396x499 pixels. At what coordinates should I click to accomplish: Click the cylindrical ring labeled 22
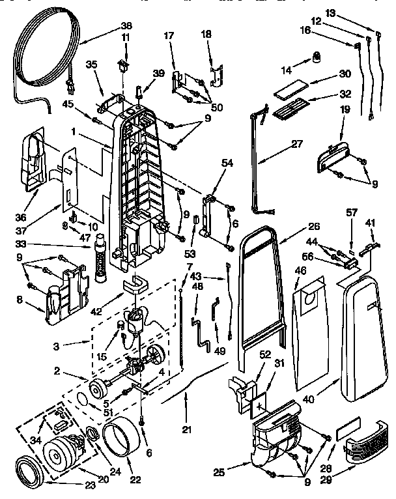[x=121, y=440]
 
